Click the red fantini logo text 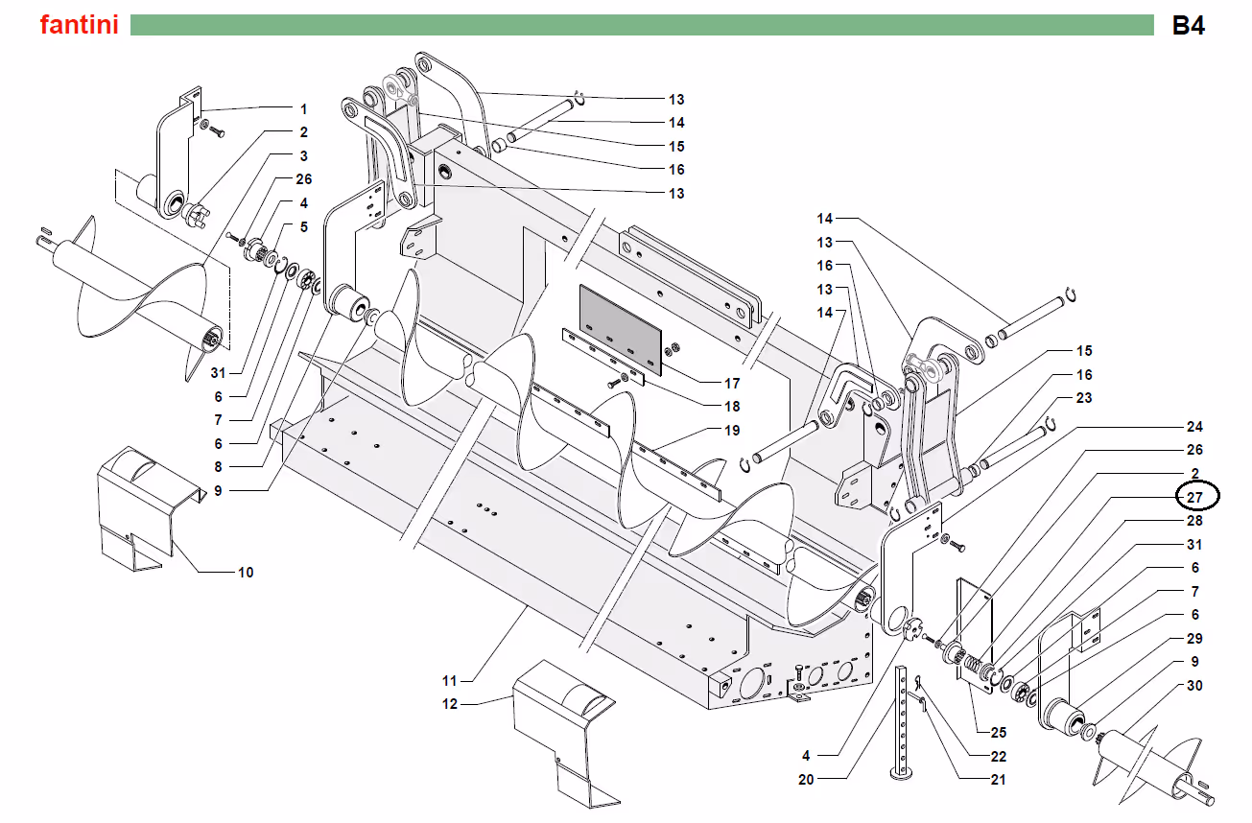(x=80, y=25)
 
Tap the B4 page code (x=1189, y=26)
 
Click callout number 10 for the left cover (x=246, y=572)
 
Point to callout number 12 (x=450, y=704)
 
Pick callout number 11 (x=450, y=680)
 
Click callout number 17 (x=732, y=384)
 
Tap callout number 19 (x=732, y=431)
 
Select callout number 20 (x=806, y=780)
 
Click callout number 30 (x=1194, y=685)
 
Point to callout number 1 (x=303, y=109)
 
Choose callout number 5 (x=303, y=226)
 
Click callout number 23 (x=1084, y=397)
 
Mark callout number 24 (x=1194, y=426)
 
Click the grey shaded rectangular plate (x=621, y=330)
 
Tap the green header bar (x=642, y=25)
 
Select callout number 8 (x=218, y=466)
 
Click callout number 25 (x=999, y=732)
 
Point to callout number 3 (x=303, y=156)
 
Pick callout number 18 (x=732, y=406)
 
